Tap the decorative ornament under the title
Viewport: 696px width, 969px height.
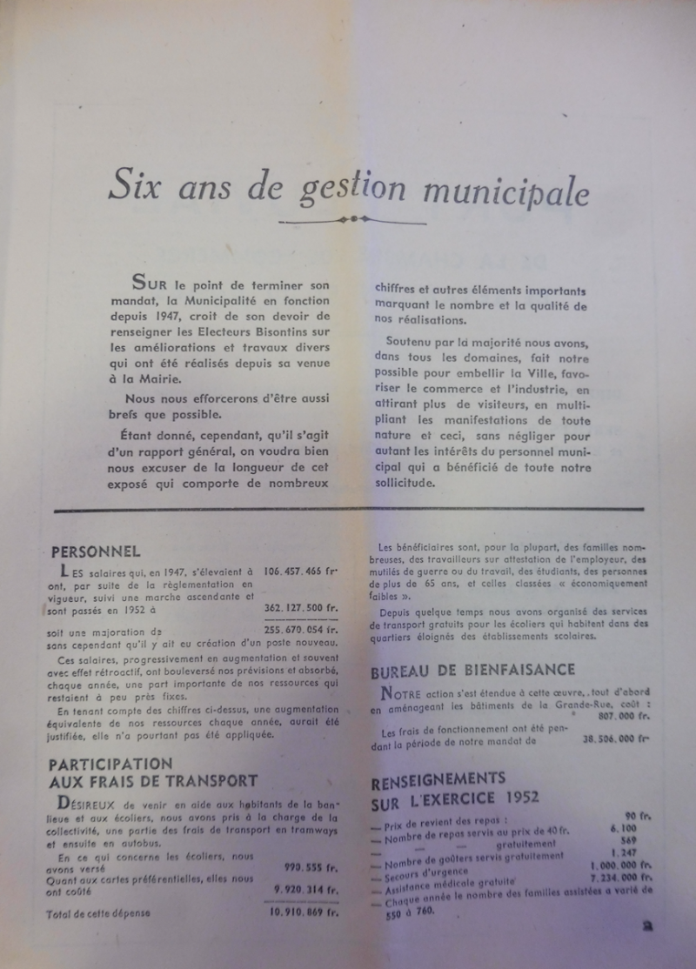pyautogui.click(x=352, y=219)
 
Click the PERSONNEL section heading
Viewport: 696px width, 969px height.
pyautogui.click(x=96, y=551)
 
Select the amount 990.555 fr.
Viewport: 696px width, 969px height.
pyautogui.click(x=311, y=867)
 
